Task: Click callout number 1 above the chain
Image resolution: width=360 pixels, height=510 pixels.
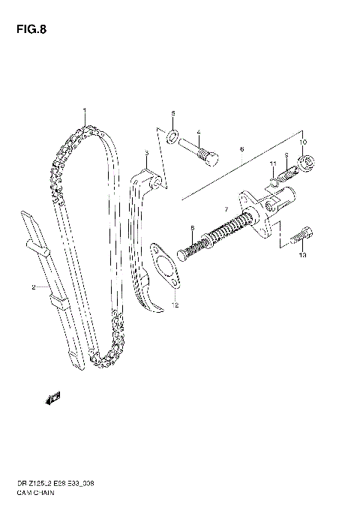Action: pos(85,111)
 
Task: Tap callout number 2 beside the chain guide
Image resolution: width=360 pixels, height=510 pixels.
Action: pos(34,287)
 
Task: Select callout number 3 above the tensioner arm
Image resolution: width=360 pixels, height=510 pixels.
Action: pos(147,153)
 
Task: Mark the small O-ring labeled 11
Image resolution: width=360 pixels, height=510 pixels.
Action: pos(274,182)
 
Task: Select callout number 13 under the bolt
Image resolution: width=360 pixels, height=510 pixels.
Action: pos(302,256)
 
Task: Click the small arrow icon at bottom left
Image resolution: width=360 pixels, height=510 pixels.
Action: pos(54,397)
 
